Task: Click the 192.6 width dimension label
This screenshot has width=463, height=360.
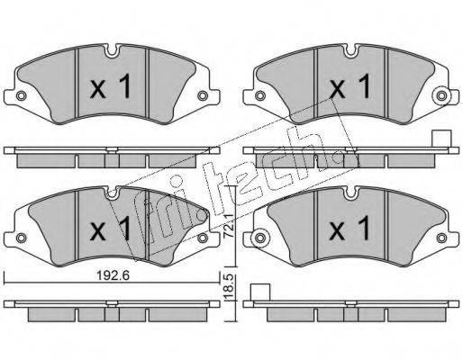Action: pyautogui.click(x=113, y=274)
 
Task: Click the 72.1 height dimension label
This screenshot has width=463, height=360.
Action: pyautogui.click(x=230, y=226)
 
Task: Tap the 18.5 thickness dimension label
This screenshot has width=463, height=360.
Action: pyautogui.click(x=230, y=287)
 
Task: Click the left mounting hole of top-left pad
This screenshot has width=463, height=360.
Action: pyautogui.click(x=21, y=95)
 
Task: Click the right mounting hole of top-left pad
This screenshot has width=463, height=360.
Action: pyautogui.click(x=203, y=95)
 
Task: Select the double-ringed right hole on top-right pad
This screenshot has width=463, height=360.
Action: pyautogui.click(x=441, y=96)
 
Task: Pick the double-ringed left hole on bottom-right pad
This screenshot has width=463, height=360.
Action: pyautogui.click(x=260, y=238)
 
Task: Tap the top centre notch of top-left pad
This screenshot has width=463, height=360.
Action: pyautogui.click(x=112, y=50)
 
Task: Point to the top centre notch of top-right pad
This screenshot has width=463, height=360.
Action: pyautogui.click(x=350, y=50)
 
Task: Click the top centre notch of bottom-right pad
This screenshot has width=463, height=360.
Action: pyautogui.click(x=350, y=193)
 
